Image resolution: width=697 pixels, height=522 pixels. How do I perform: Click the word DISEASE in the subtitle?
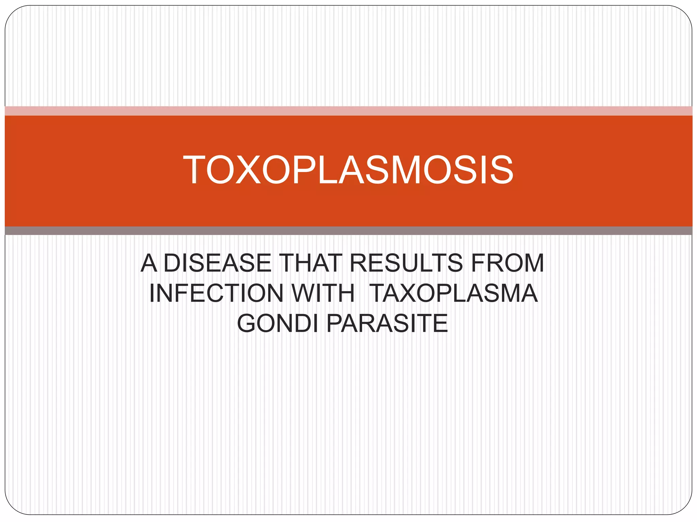tap(217, 263)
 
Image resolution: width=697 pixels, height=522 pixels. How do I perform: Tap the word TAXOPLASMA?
tap(454, 293)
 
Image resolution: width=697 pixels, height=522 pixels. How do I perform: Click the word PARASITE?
tap(387, 323)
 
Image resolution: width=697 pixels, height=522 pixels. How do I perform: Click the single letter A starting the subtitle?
tap(149, 263)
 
